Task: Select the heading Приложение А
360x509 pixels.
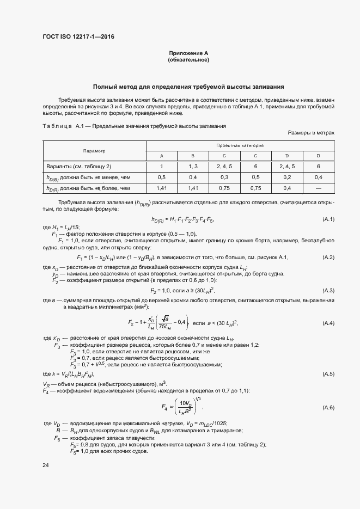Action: point(189,53)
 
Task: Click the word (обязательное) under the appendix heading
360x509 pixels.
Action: point(189,59)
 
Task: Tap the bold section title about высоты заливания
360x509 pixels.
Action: point(188,87)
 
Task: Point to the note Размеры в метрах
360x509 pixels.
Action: point(310,132)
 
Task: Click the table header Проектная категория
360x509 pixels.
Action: point(240,146)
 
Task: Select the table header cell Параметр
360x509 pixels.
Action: point(94,151)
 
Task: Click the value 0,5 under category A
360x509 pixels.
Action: point(161,177)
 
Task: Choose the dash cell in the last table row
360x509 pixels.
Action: point(319,188)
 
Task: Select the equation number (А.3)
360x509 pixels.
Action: point(328,290)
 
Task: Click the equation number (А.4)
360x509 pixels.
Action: point(328,323)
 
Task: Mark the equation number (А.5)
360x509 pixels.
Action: point(328,374)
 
